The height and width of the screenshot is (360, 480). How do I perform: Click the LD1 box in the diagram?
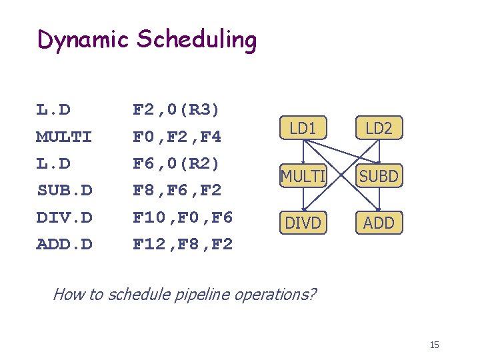click(x=303, y=129)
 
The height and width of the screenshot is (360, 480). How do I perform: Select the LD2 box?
click(x=379, y=129)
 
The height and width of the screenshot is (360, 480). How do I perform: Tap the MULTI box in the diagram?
click(x=303, y=176)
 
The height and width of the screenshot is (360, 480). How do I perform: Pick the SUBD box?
click(x=379, y=176)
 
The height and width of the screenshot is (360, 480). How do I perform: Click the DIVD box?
click(x=303, y=223)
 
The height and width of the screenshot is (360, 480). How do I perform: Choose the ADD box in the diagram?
click(x=379, y=223)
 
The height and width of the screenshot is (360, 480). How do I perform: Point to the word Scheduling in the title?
click(x=196, y=41)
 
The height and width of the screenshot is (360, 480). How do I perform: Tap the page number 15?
click(x=434, y=345)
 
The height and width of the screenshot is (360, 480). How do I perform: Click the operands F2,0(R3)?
click(x=177, y=109)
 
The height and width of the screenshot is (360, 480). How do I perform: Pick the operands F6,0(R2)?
click(x=177, y=163)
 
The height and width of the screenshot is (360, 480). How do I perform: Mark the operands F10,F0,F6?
click(x=183, y=217)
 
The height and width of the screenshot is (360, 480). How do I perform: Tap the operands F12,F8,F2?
click(x=183, y=245)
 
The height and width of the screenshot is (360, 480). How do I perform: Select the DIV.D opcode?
click(x=64, y=217)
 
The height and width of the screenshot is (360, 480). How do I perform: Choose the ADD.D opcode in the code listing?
click(x=64, y=245)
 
